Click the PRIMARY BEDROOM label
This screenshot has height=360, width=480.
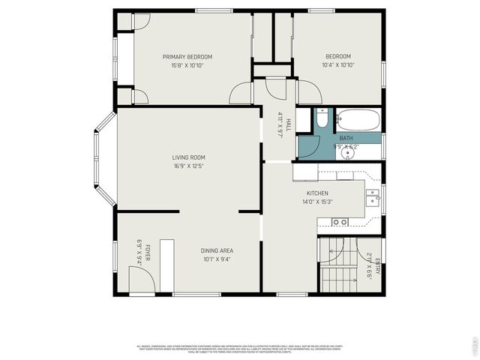click(x=187, y=57)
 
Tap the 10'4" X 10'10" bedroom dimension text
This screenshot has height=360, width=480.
click(x=338, y=65)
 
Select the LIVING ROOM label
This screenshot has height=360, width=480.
click(x=188, y=157)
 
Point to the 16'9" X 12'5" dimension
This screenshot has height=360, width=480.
click(x=188, y=166)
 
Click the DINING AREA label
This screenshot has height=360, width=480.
click(x=216, y=250)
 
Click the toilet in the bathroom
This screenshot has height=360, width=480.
click(x=321, y=118)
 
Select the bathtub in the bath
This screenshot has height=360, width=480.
click(x=359, y=119)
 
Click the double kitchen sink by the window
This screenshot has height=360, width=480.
click(x=373, y=196)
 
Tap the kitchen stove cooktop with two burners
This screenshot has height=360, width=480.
click(x=340, y=222)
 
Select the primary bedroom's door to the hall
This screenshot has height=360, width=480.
click(x=241, y=93)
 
